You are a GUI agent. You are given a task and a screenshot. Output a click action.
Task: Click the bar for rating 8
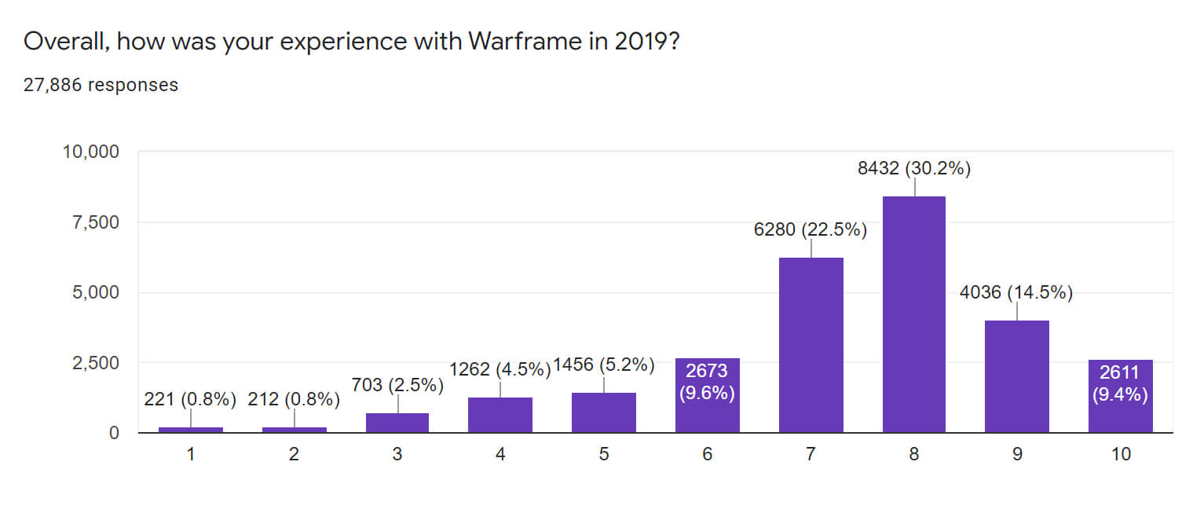914,314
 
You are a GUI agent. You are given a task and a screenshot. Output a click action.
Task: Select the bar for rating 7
811,345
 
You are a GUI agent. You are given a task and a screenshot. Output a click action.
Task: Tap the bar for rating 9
1017,376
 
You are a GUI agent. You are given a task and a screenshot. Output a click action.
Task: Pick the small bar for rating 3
397,423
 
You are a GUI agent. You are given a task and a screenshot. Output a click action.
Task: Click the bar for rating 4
500,415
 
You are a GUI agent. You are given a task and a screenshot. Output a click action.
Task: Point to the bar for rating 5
604,412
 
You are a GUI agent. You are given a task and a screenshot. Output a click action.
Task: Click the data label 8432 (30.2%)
914,168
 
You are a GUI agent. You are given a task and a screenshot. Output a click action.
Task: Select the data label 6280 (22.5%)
811,229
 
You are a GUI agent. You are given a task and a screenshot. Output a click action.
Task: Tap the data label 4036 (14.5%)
1016,292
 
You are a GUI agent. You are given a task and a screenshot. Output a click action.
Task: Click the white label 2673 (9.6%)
707,382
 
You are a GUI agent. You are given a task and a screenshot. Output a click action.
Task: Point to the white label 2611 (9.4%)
1120,383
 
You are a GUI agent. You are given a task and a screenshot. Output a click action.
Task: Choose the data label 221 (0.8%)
190,400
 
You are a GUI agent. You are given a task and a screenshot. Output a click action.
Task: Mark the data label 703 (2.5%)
397,385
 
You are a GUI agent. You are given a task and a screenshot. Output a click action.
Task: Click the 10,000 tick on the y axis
91,152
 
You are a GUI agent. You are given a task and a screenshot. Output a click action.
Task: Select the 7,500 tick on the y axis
96,223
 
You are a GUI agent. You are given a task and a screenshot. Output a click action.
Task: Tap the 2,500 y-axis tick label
96,363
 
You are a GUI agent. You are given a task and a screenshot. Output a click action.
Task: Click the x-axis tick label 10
1121,454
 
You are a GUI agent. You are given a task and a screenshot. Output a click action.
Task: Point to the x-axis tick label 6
707,454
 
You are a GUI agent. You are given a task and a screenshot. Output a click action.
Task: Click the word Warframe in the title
525,41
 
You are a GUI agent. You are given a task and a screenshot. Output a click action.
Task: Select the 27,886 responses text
101,85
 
